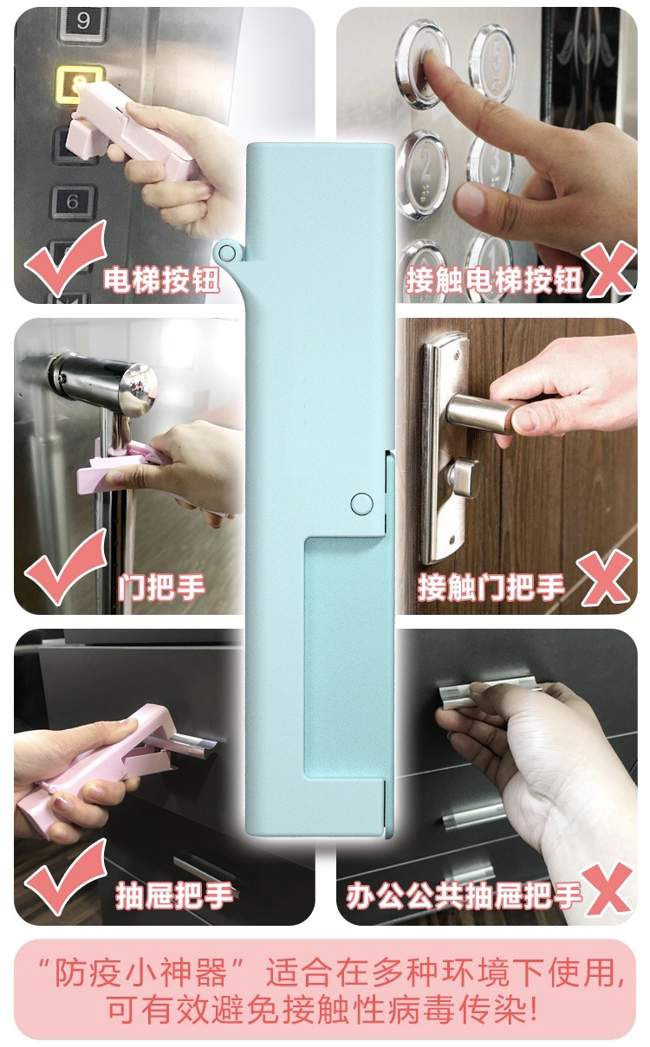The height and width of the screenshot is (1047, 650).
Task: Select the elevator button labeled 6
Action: pyautogui.click(x=73, y=202)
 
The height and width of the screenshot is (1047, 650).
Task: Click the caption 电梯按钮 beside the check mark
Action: pyautogui.click(x=161, y=280)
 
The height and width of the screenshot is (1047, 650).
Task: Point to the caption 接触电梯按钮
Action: pyautogui.click(x=493, y=280)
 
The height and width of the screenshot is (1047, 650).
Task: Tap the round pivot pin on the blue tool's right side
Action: pyautogui.click(x=361, y=504)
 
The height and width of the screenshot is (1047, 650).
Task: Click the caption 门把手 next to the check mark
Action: pyautogui.click(x=161, y=587)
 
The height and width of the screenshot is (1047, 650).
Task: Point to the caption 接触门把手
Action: pyautogui.click(x=491, y=587)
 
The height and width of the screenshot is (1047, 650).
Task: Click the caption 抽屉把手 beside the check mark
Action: pyautogui.click(x=174, y=895)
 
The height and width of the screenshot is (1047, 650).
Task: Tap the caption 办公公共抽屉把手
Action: pyautogui.click(x=464, y=895)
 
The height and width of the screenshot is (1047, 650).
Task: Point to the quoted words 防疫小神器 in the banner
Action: pyautogui.click(x=141, y=973)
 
